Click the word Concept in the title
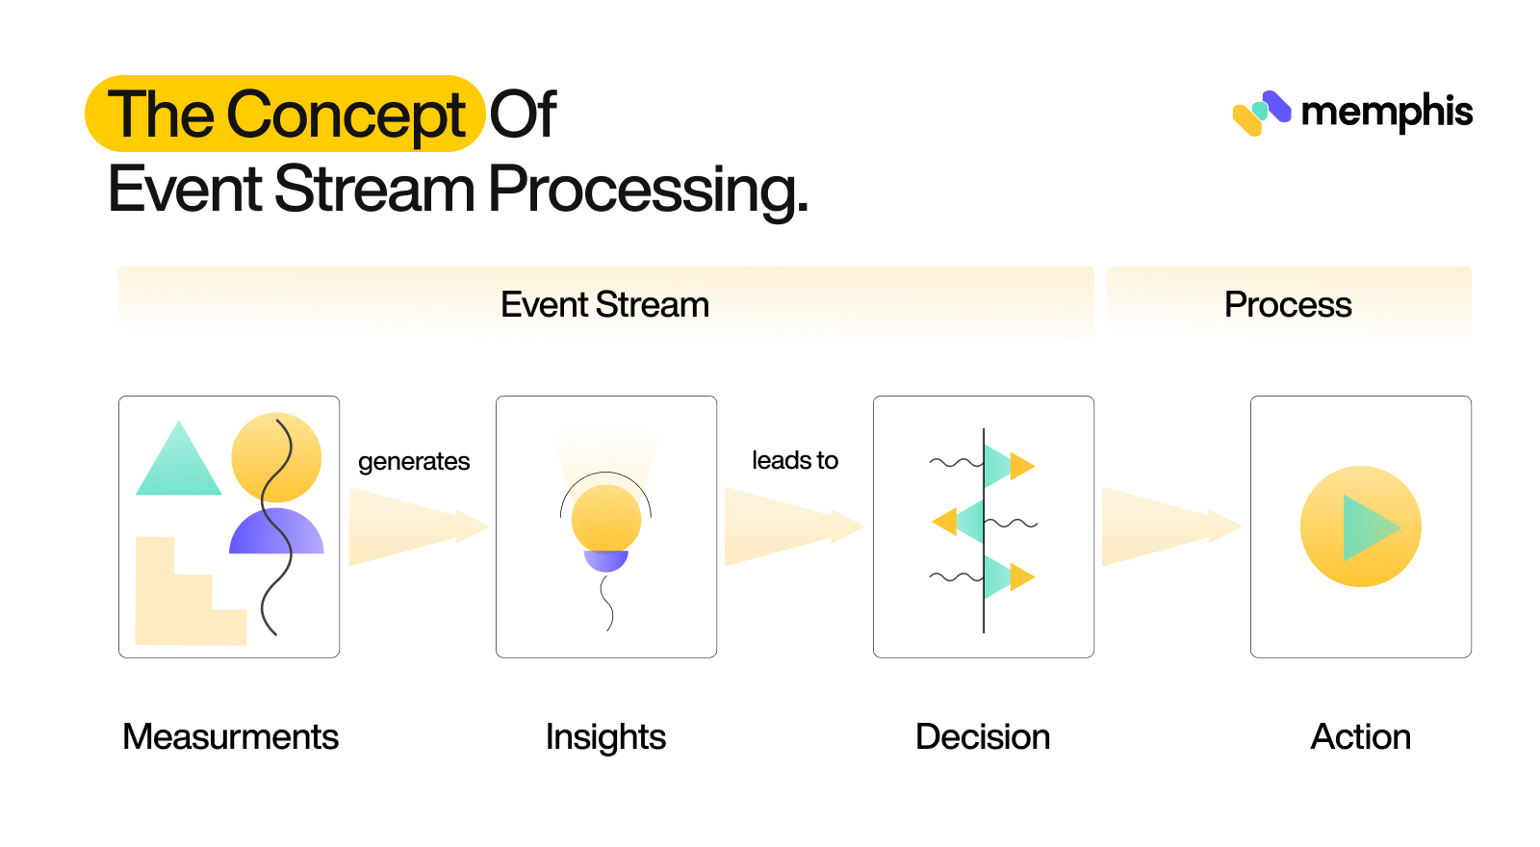[x=346, y=115]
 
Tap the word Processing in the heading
[x=648, y=190]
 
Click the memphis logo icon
[x=1261, y=113]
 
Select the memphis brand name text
[x=1386, y=112]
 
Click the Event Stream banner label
[x=604, y=305]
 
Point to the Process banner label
[x=1288, y=305]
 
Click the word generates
[x=414, y=462]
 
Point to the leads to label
[x=795, y=461]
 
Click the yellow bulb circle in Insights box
[x=606, y=518]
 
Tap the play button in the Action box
[x=1360, y=526]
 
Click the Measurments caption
[x=230, y=737]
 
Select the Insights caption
[x=605, y=737]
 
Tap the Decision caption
[x=983, y=737]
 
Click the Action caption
[x=1360, y=737]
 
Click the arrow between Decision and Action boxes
[x=1169, y=526]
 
